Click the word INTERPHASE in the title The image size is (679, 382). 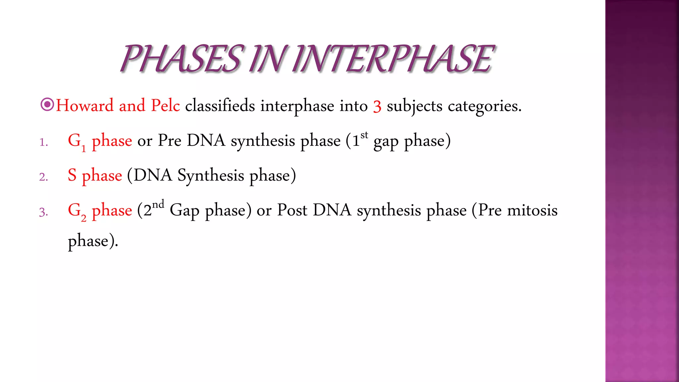(x=393, y=59)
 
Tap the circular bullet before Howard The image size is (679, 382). (x=47, y=105)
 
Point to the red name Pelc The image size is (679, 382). (x=165, y=106)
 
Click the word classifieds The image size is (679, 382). (x=220, y=106)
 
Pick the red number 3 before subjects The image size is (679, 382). (x=377, y=107)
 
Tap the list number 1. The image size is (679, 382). (x=43, y=142)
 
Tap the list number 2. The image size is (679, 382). (x=43, y=177)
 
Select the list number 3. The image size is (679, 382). (x=43, y=212)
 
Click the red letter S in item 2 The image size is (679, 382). (x=72, y=175)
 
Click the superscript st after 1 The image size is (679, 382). (x=364, y=135)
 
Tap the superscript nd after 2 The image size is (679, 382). (x=158, y=204)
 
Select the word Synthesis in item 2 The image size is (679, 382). (x=211, y=176)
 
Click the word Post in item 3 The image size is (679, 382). (x=292, y=210)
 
